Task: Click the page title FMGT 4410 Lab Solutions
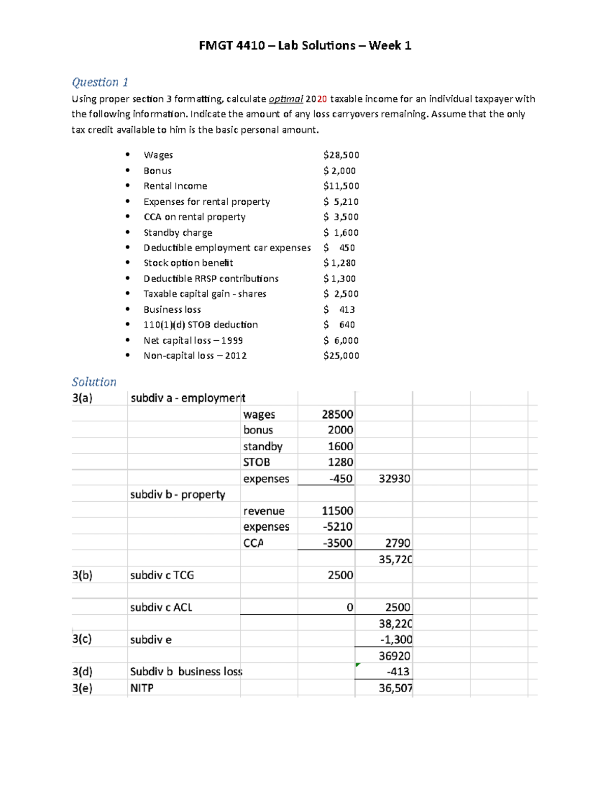point(304,46)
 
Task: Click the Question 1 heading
point(100,82)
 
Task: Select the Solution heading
point(94,382)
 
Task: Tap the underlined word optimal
point(286,99)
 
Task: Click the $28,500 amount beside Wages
point(341,155)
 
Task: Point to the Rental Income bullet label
point(175,186)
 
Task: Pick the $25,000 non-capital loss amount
point(341,356)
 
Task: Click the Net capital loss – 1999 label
point(193,340)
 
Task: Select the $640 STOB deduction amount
point(340,324)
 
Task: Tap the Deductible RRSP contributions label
point(211,279)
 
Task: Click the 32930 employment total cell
point(394,479)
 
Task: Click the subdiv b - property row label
point(177,495)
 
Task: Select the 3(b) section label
point(82,575)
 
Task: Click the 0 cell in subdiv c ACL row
point(349,607)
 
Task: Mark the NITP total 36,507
point(395,688)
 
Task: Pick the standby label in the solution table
point(263,447)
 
